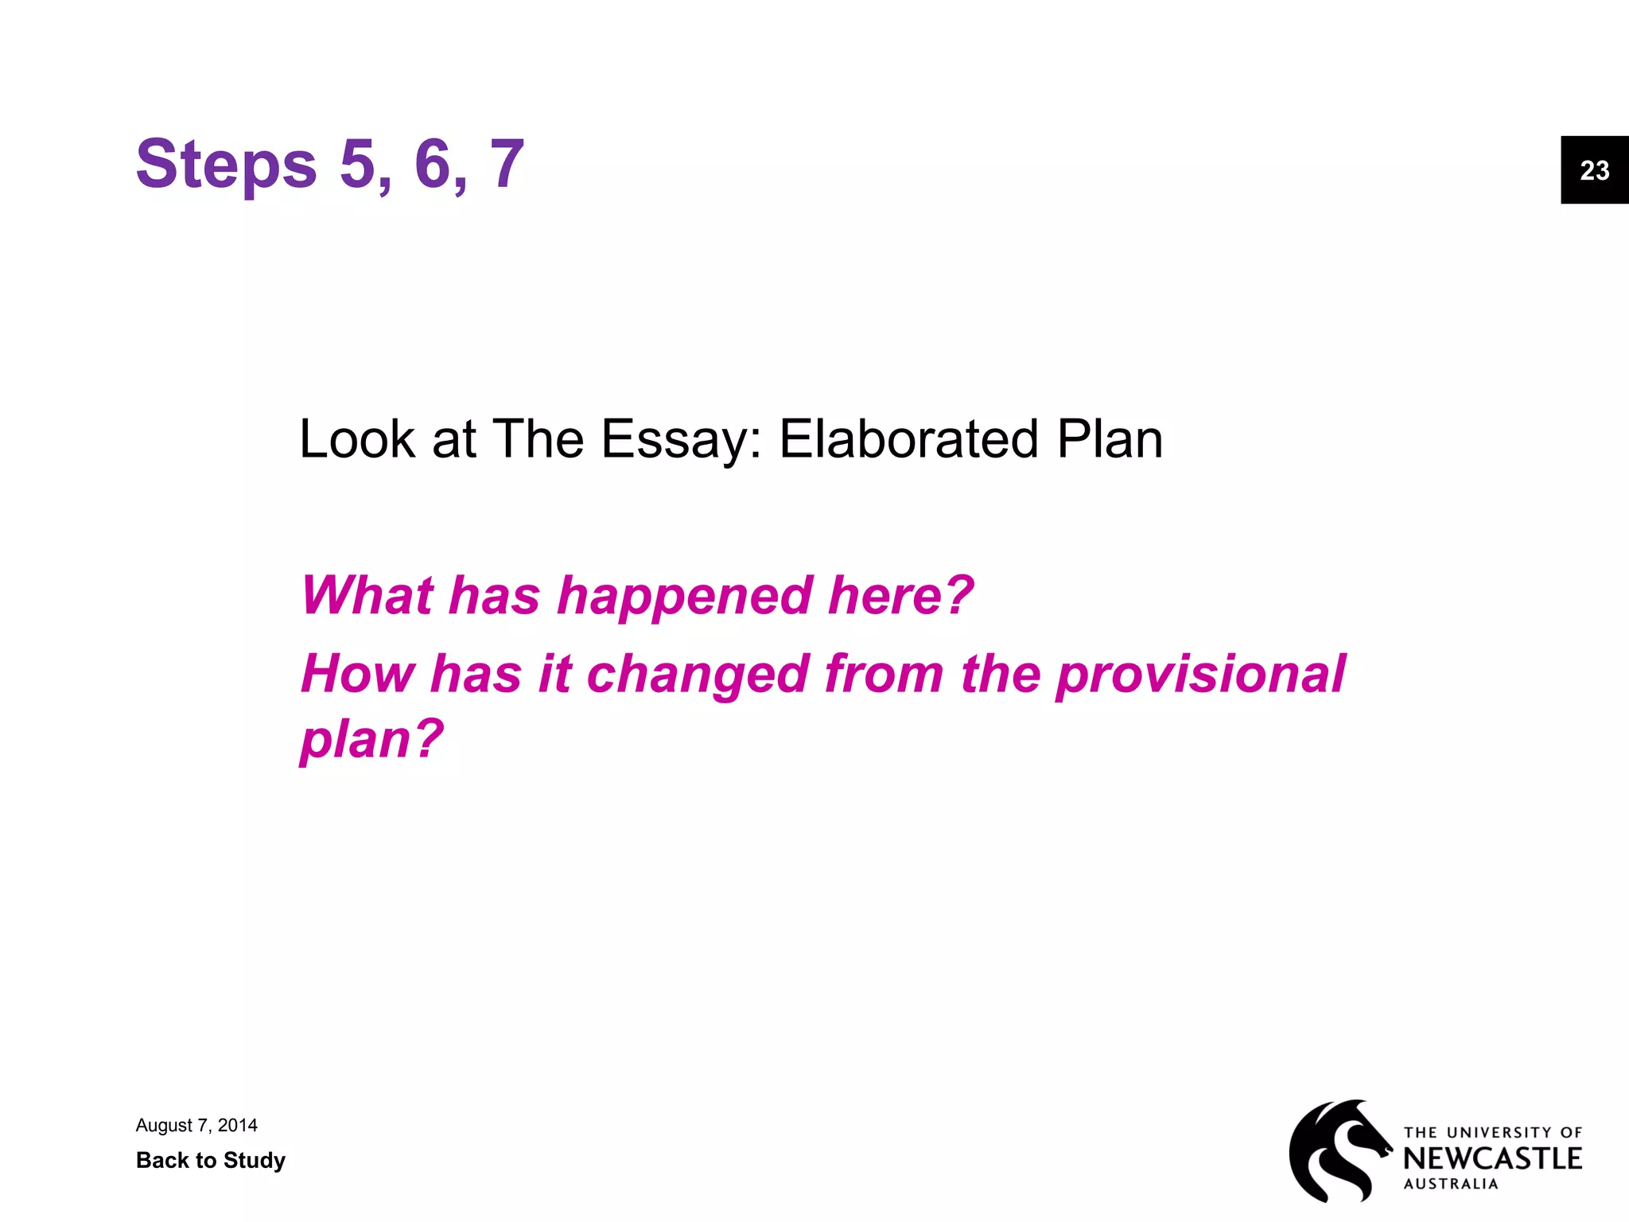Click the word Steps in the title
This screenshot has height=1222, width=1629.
click(226, 165)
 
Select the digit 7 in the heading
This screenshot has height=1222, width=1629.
click(507, 165)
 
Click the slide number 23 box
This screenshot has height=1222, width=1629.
click(1594, 170)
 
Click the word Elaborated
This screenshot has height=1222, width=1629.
click(908, 439)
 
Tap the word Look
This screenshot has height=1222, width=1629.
click(357, 439)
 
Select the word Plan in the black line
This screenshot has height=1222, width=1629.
click(1110, 439)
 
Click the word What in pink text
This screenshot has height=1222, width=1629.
click(367, 595)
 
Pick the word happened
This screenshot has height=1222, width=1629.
click(684, 595)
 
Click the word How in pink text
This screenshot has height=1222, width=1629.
click(357, 674)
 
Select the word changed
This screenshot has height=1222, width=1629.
click(698, 674)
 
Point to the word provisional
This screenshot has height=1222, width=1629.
click(1200, 674)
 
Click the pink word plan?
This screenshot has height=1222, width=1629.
click(371, 739)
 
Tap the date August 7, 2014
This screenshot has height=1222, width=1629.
click(196, 1125)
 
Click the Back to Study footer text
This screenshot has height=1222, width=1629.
click(211, 1160)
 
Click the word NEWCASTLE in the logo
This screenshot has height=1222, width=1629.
click(1492, 1158)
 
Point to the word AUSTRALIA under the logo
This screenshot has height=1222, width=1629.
click(1450, 1184)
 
